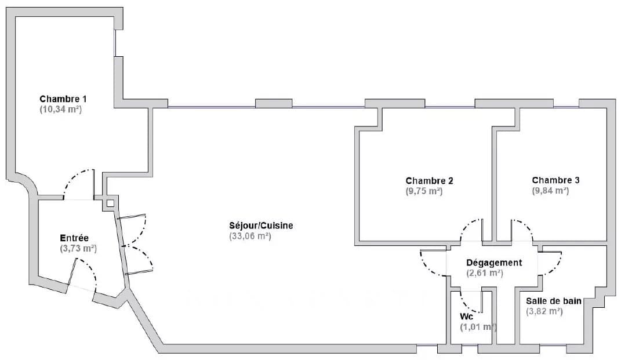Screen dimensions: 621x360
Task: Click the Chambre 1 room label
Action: (x=63, y=99)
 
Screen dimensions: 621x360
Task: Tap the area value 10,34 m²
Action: (x=61, y=110)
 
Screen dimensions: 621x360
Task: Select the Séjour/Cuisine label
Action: (x=261, y=226)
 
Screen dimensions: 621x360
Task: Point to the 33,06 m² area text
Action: (x=250, y=237)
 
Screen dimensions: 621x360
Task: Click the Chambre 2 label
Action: (x=429, y=181)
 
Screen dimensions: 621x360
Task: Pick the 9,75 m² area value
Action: (x=424, y=191)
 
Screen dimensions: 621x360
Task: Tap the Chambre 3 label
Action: (x=555, y=180)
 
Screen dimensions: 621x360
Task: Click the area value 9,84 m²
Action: (x=550, y=191)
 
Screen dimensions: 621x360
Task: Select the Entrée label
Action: (x=74, y=238)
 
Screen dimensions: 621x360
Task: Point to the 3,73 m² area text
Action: (x=78, y=249)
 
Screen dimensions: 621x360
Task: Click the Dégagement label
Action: (x=494, y=263)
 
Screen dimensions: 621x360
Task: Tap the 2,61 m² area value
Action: (x=485, y=273)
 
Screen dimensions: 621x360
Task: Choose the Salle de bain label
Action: (x=554, y=301)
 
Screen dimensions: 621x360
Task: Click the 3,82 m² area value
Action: (x=544, y=311)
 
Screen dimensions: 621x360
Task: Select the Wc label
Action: (x=467, y=317)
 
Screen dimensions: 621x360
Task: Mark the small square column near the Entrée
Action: (x=110, y=203)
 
